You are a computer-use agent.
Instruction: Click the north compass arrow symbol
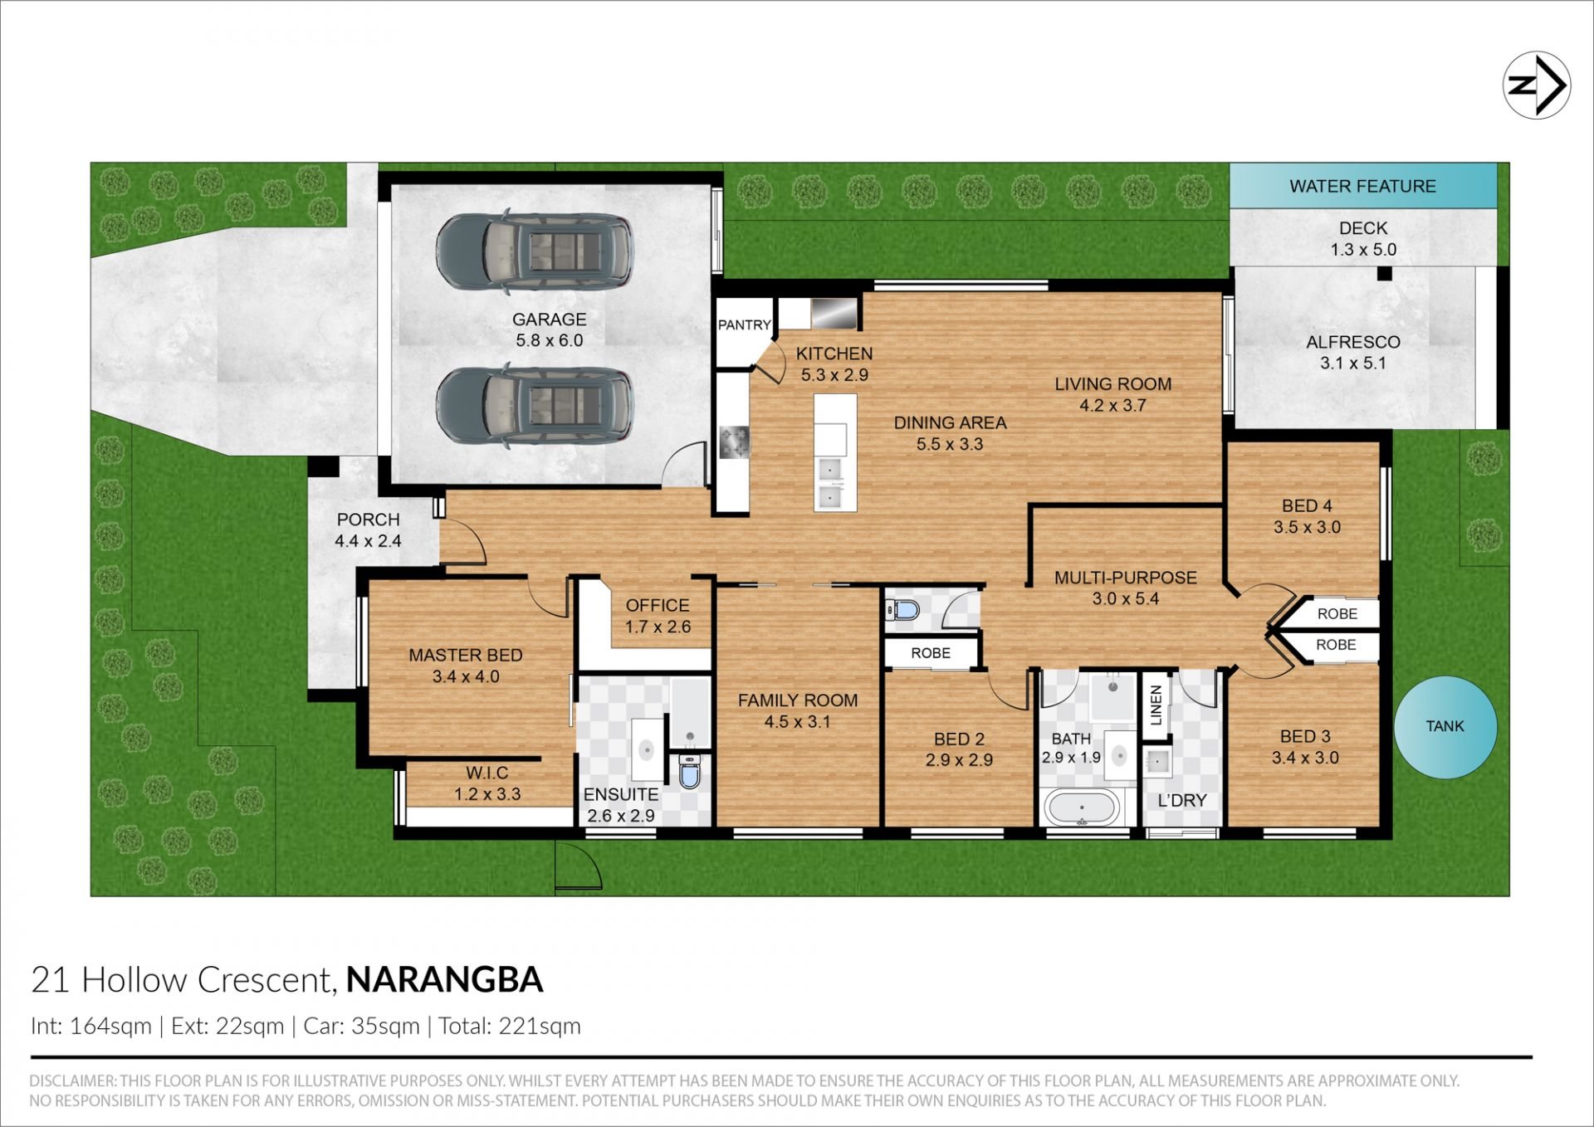tap(1537, 85)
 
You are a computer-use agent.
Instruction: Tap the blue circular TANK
tap(1445, 727)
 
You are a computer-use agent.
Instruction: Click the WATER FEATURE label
tap(1362, 186)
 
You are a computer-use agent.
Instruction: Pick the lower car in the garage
tap(535, 407)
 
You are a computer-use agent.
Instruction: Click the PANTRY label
tap(745, 324)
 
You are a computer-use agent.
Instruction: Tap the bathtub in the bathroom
tap(1082, 807)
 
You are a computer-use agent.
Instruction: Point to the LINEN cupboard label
tap(1156, 705)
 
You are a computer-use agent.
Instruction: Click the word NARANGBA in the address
tap(444, 980)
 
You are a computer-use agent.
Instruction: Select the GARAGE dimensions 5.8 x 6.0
tap(549, 340)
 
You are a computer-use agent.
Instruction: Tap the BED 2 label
tap(959, 739)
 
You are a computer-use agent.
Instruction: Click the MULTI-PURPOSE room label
tap(1126, 578)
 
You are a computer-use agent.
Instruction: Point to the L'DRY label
tap(1182, 800)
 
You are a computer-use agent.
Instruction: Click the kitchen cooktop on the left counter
tap(734, 442)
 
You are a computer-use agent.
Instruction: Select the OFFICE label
tap(658, 606)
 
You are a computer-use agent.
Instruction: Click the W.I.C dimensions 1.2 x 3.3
tap(487, 794)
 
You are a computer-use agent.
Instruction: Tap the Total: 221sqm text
tap(510, 1027)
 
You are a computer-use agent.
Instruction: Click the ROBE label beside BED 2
tap(931, 653)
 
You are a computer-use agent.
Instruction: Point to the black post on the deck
tap(1384, 274)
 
